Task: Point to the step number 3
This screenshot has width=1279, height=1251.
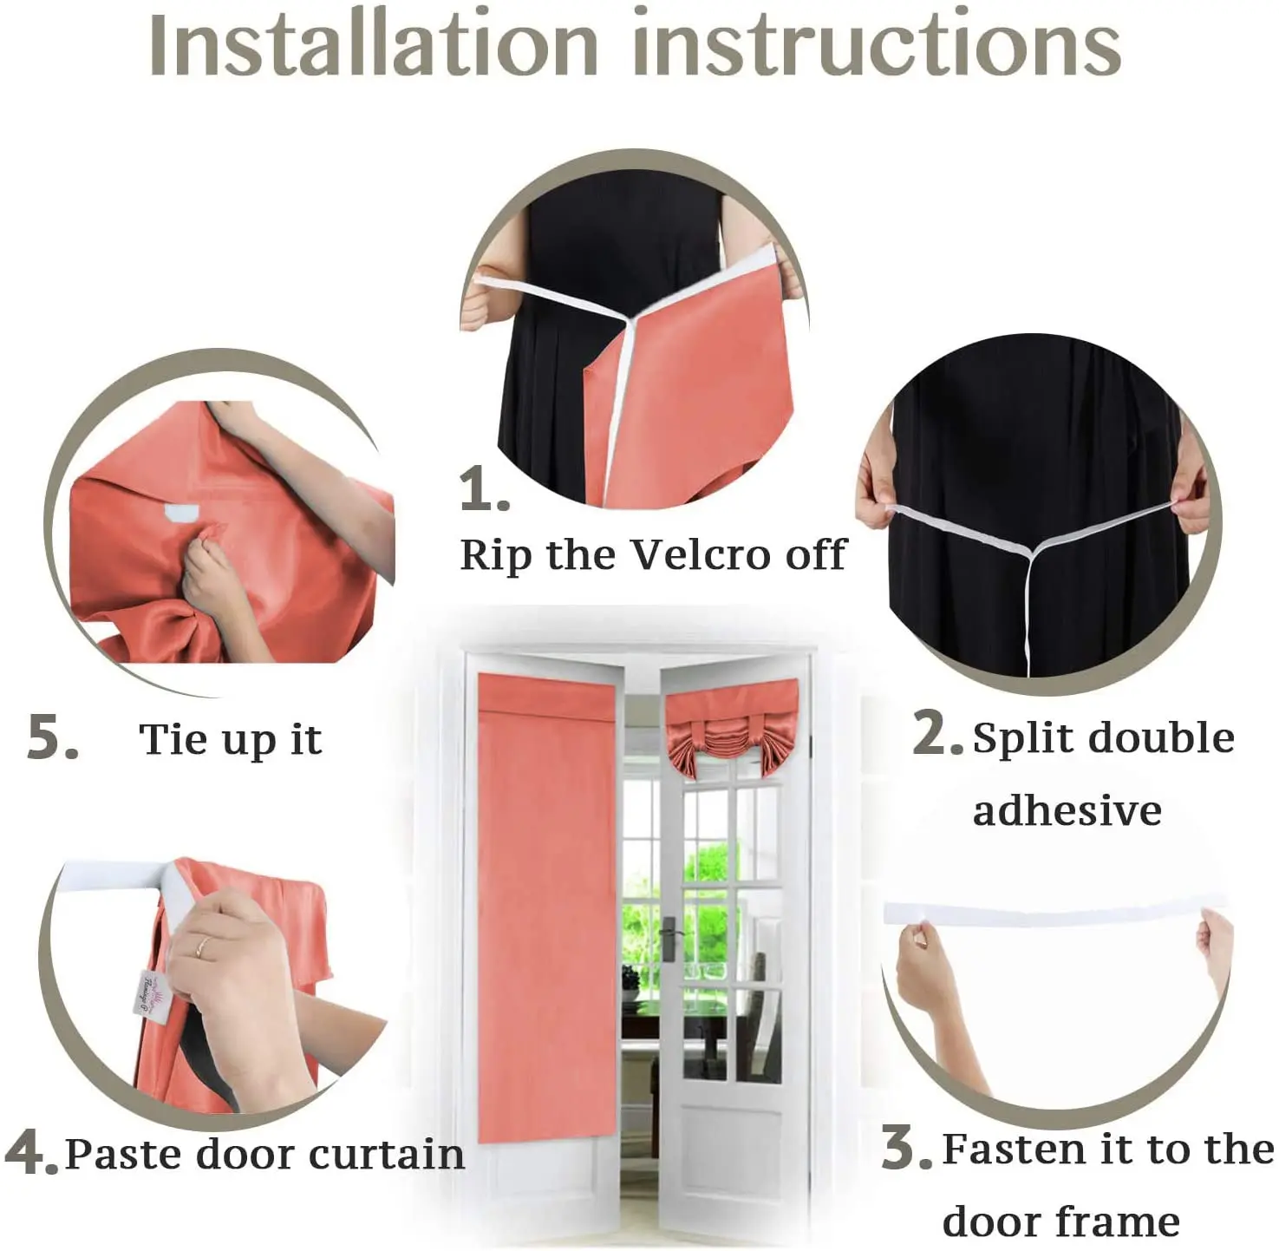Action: (x=906, y=1148)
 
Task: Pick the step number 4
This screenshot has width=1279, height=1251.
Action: (x=31, y=1152)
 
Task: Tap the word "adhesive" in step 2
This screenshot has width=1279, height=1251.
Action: (x=1067, y=809)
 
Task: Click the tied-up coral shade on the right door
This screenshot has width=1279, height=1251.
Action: (x=731, y=728)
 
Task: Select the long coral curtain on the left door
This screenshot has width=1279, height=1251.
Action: (x=547, y=907)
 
